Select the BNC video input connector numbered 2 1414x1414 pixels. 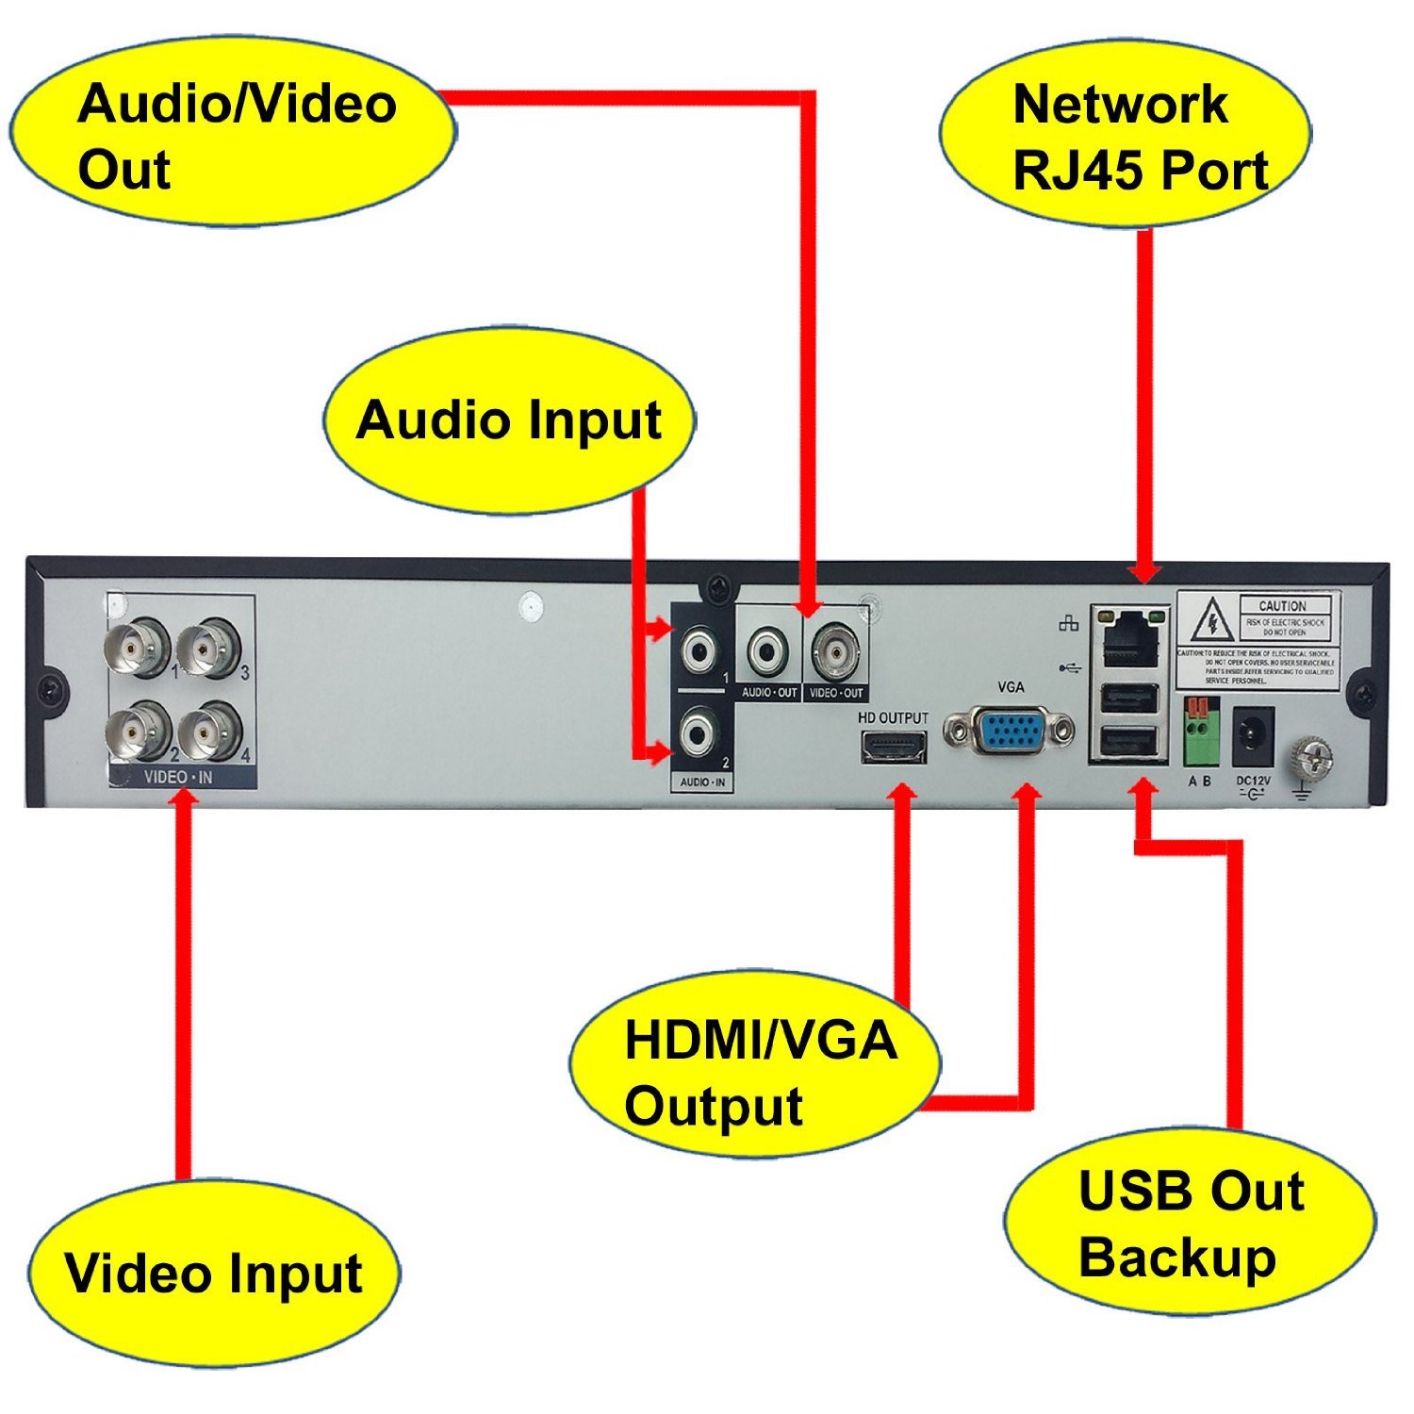point(139,732)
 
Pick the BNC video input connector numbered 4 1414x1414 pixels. point(209,732)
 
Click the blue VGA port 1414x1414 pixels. point(1010,729)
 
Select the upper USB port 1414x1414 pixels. point(1128,699)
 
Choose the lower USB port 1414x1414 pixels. point(1128,743)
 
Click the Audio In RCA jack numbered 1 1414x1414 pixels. point(701,649)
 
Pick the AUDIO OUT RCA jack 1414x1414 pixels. point(767,649)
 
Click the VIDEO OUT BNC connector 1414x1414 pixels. point(835,649)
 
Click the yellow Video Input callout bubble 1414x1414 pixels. point(213,1273)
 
